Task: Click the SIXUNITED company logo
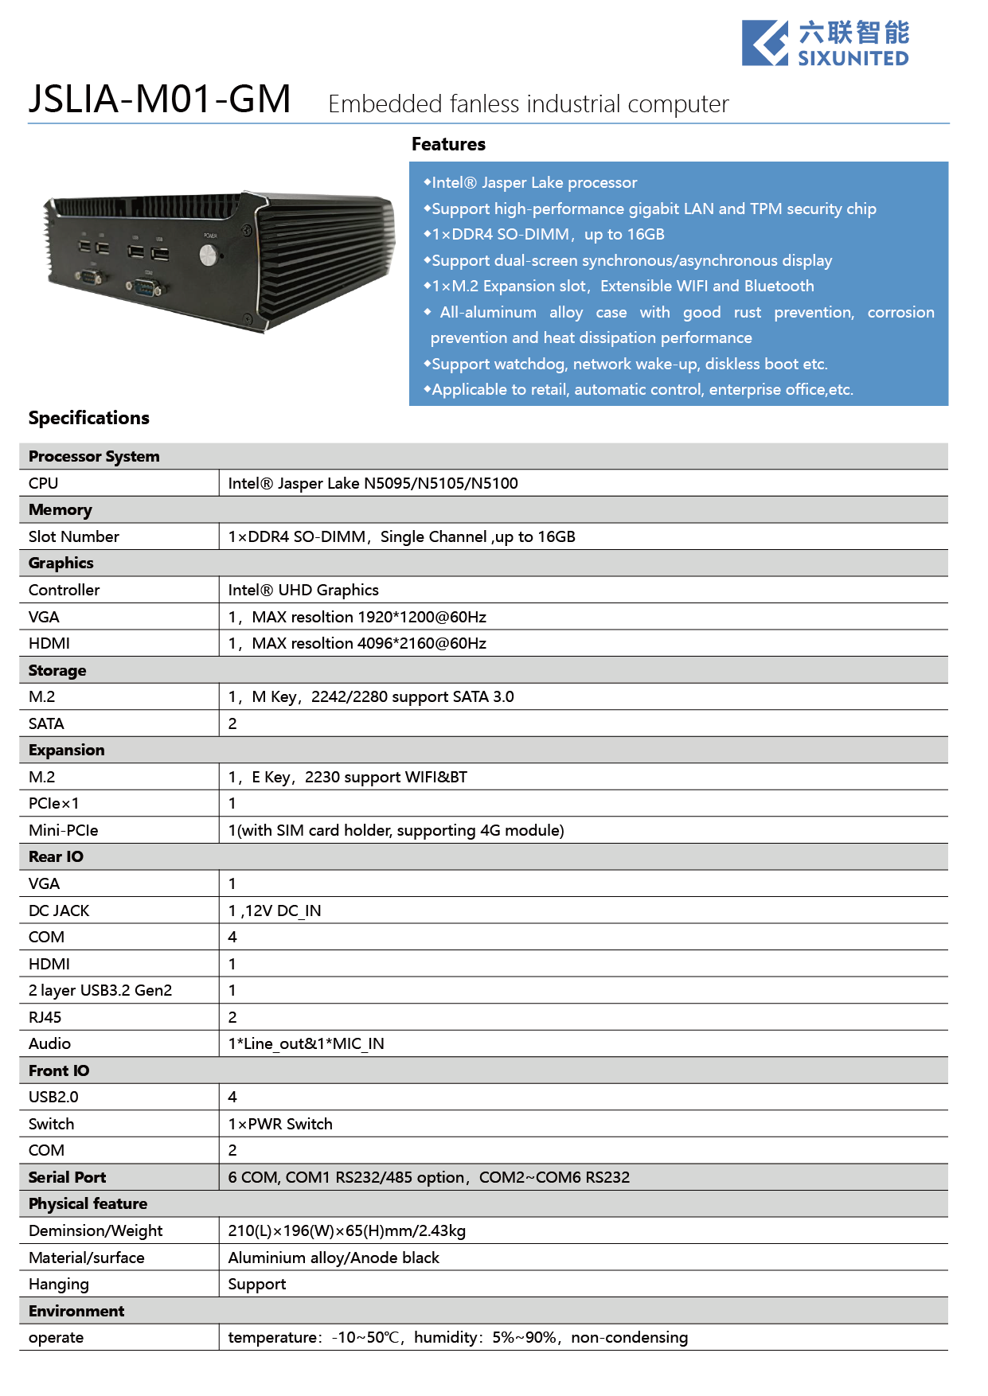click(x=825, y=44)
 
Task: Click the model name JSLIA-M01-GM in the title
click(x=159, y=99)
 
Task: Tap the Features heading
click(x=448, y=144)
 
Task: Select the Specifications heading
click(x=88, y=418)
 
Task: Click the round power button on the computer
click(x=209, y=255)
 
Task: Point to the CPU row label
click(x=44, y=483)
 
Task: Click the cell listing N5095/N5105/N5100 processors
click(x=373, y=483)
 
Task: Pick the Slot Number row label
click(x=73, y=536)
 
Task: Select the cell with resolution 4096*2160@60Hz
click(x=357, y=643)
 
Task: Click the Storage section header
click(x=57, y=670)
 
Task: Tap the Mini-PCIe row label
click(x=63, y=830)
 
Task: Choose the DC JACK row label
click(x=59, y=911)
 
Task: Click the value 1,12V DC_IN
click(x=275, y=911)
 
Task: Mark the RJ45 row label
click(x=45, y=1017)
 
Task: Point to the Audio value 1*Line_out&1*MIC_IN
click(x=306, y=1043)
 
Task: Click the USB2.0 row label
click(x=53, y=1097)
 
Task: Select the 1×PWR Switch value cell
click(x=280, y=1124)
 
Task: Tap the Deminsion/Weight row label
click(x=96, y=1230)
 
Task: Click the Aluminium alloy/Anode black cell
click(x=334, y=1258)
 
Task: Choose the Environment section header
click(x=76, y=1311)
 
